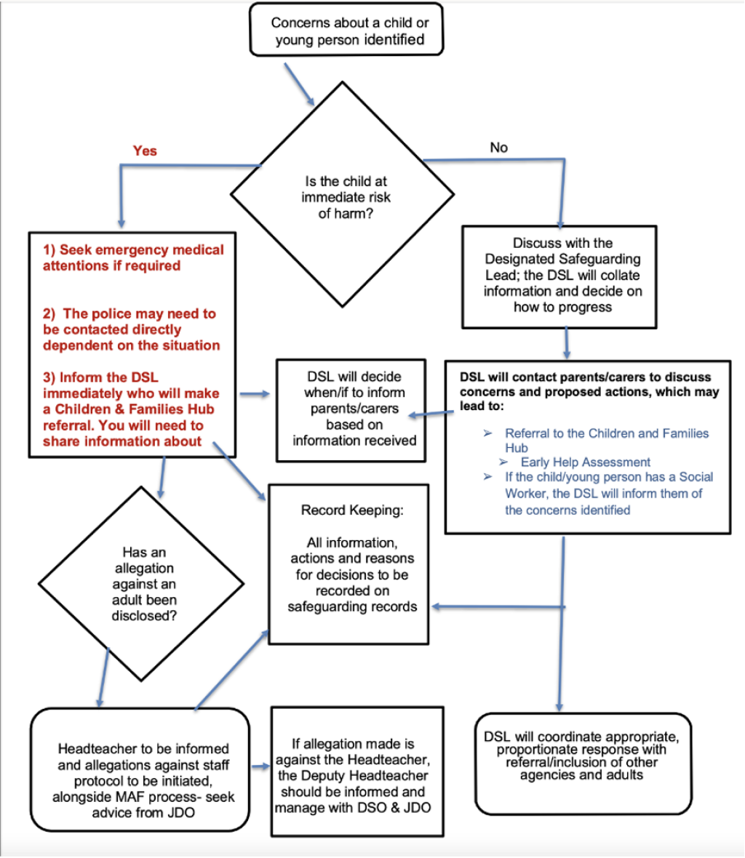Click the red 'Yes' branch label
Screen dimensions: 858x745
coord(145,151)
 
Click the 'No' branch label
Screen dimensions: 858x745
coord(498,147)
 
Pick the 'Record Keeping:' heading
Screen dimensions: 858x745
coord(352,510)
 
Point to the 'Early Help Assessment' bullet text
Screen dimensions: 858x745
coord(586,462)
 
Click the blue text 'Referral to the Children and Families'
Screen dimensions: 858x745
coord(607,433)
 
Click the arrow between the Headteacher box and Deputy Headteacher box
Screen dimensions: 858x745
coord(260,767)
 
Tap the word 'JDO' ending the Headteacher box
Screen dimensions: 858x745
coord(181,813)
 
